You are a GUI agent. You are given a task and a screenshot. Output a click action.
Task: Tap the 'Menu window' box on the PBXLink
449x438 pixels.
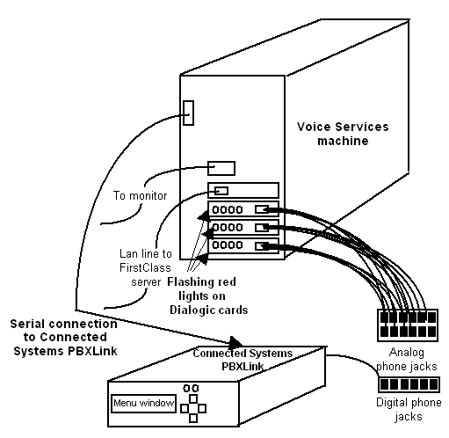[142, 404]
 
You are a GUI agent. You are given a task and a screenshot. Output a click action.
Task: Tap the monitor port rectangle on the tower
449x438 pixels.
[221, 167]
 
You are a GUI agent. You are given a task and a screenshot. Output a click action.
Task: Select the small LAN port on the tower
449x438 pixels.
[221, 191]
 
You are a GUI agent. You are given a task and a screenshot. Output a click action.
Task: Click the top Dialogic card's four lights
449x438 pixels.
[228, 211]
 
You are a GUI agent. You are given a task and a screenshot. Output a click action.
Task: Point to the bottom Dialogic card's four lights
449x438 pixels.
[228, 245]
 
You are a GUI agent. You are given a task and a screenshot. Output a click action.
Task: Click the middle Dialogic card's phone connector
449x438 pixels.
[263, 228]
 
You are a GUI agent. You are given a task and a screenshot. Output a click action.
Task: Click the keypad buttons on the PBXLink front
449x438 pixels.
[192, 400]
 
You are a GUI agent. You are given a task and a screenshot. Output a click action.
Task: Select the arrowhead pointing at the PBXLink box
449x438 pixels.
[236, 342]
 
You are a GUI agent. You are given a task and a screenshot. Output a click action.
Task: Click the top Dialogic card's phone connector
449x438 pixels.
[263, 210]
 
